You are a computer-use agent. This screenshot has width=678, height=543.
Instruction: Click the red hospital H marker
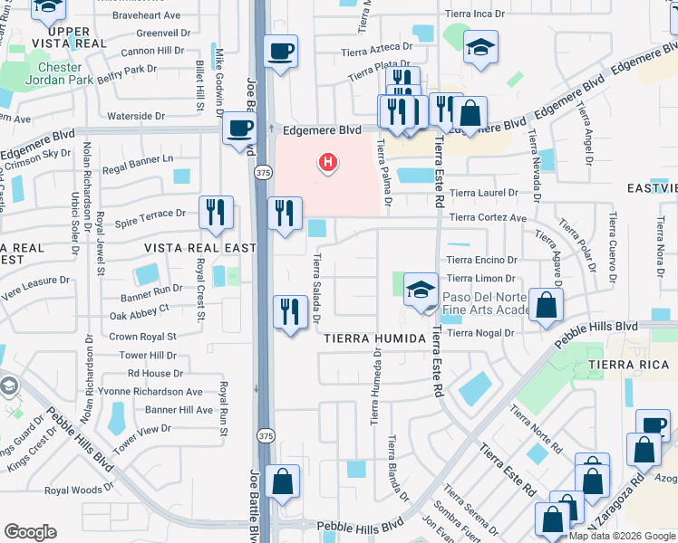328,164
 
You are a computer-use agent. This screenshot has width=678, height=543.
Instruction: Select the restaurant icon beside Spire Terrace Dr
216,213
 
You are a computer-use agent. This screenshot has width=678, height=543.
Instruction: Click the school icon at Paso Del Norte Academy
420,291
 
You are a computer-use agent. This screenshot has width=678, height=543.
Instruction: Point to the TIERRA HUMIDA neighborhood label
374,338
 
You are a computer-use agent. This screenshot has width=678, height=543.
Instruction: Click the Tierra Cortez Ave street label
488,218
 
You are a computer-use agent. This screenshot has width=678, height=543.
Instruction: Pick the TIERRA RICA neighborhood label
622,365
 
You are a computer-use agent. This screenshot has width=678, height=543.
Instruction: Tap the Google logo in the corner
31,532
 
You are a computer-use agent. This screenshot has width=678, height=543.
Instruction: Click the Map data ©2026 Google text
622,536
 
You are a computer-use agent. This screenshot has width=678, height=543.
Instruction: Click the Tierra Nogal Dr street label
481,333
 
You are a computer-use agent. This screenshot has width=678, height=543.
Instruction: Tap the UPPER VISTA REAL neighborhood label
56,38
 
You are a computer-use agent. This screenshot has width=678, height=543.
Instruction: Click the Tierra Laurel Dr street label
484,193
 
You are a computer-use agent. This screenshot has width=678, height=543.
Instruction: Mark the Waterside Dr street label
136,116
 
